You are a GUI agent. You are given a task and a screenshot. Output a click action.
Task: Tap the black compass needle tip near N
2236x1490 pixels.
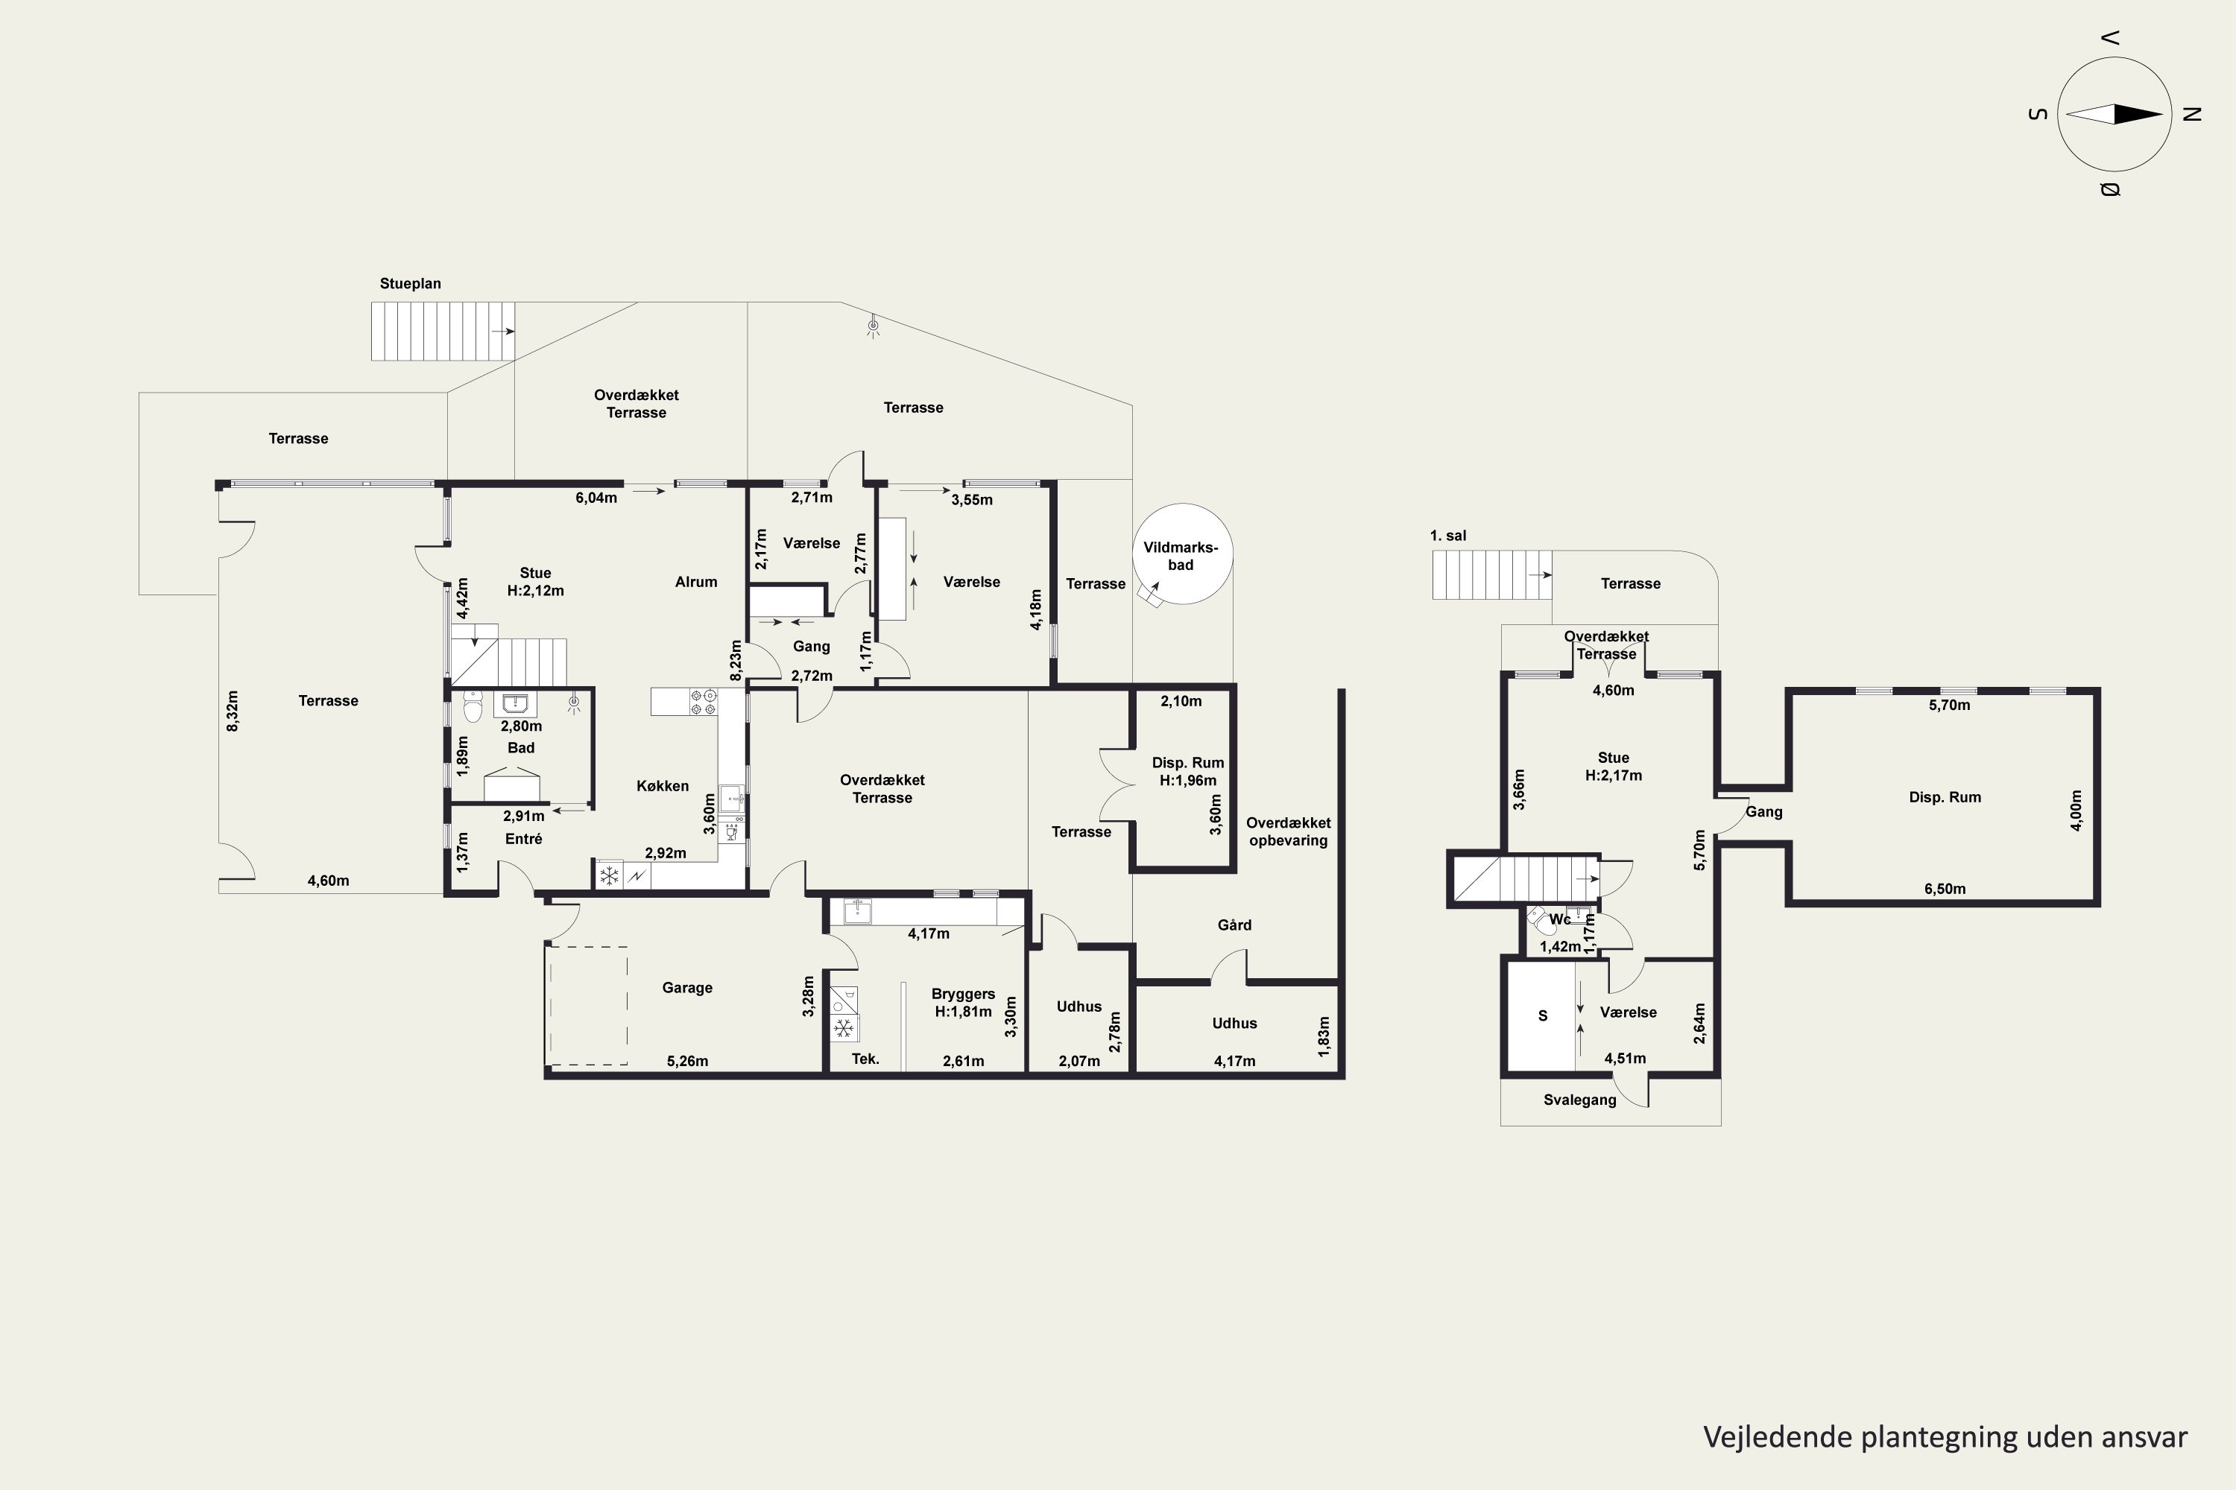2163,115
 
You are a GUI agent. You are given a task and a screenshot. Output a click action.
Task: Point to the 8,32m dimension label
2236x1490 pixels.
233,711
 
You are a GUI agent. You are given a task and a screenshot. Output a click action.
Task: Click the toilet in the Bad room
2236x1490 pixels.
473,707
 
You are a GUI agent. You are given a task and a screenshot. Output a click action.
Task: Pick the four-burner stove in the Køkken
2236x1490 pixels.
704,703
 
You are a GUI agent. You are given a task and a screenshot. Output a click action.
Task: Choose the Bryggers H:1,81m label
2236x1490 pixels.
963,1003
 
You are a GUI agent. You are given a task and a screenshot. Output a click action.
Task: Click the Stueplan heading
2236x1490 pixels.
410,283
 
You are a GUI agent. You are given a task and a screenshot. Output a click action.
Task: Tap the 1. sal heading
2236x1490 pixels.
1448,536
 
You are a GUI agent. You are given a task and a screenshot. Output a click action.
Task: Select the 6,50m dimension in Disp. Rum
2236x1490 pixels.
1945,890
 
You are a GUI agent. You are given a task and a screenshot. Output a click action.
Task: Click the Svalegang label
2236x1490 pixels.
1580,1100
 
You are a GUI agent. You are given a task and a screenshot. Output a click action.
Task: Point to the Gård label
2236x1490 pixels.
1235,925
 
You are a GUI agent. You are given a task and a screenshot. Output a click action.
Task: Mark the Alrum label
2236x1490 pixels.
696,583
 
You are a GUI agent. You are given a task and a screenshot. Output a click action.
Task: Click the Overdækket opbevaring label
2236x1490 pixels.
1288,831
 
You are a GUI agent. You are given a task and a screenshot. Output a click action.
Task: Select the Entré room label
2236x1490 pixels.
524,839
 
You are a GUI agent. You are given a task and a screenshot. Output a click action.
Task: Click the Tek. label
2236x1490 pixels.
865,1059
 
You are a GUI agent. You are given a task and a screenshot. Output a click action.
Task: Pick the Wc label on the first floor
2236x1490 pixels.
1560,920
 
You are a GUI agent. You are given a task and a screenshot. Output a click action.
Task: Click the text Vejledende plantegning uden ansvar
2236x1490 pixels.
1945,1437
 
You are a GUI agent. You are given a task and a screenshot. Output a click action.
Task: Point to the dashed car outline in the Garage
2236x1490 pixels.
587,1005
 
